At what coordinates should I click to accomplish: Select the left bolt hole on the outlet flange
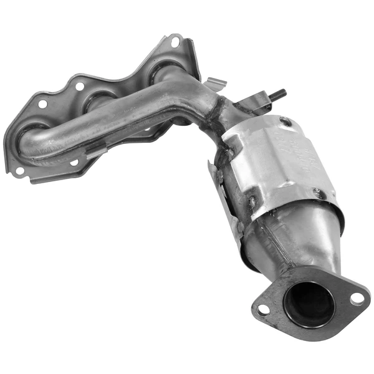pyautogui.click(x=263, y=309)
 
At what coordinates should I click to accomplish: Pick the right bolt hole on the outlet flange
pyautogui.click(x=357, y=299)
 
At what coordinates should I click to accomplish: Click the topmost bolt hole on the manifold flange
pyautogui.click(x=175, y=42)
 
